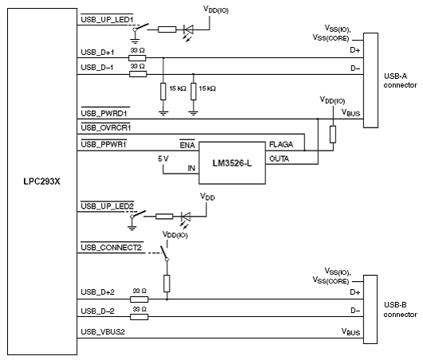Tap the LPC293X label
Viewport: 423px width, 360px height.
tap(41, 182)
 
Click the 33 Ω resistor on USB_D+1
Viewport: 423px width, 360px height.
tap(137, 58)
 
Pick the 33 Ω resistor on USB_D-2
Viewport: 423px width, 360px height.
tap(139, 317)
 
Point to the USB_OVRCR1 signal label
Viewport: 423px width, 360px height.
tap(106, 127)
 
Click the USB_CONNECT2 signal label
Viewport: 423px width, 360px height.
tap(112, 248)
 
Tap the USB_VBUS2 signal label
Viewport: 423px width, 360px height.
tap(103, 331)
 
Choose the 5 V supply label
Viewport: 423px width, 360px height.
tap(163, 158)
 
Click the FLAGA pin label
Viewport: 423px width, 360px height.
tap(281, 144)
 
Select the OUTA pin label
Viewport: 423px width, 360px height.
tap(279, 158)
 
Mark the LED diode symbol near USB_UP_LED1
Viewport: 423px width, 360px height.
tap(188, 29)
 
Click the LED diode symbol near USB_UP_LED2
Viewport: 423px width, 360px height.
tap(186, 217)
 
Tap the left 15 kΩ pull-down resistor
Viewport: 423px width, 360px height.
tap(163, 92)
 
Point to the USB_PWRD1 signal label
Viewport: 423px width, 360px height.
tap(104, 113)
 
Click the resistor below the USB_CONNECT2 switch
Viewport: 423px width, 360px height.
tap(166, 284)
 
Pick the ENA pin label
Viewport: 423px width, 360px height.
tap(187, 145)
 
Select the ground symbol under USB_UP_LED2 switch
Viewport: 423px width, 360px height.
tap(132, 228)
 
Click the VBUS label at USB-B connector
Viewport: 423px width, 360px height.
tap(351, 331)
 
